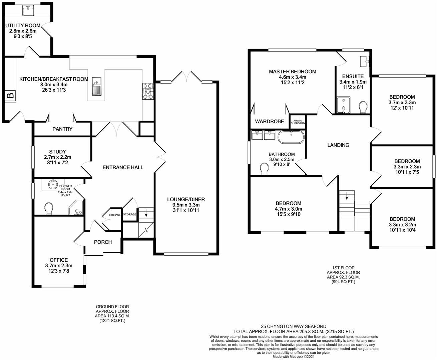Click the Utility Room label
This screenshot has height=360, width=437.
coord(23,25)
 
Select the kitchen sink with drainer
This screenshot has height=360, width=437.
coord(96,86)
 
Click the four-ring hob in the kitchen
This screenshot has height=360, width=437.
coord(148,91)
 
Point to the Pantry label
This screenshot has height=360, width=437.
coord(62,129)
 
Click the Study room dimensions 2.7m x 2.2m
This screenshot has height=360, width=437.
coord(57,157)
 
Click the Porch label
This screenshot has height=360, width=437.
coord(103,242)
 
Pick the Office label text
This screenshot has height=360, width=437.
coord(59,260)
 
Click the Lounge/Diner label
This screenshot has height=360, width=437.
coord(186,199)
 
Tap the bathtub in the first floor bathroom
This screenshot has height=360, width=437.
coord(291,137)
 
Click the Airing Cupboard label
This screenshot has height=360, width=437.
coord(298,122)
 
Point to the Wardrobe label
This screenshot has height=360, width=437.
coord(270,122)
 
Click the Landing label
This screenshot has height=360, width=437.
coord(338,145)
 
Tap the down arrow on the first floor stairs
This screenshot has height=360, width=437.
coord(347,196)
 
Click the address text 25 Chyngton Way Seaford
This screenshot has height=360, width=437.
coord(294,326)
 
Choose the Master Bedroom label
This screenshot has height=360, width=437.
coord(293,71)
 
